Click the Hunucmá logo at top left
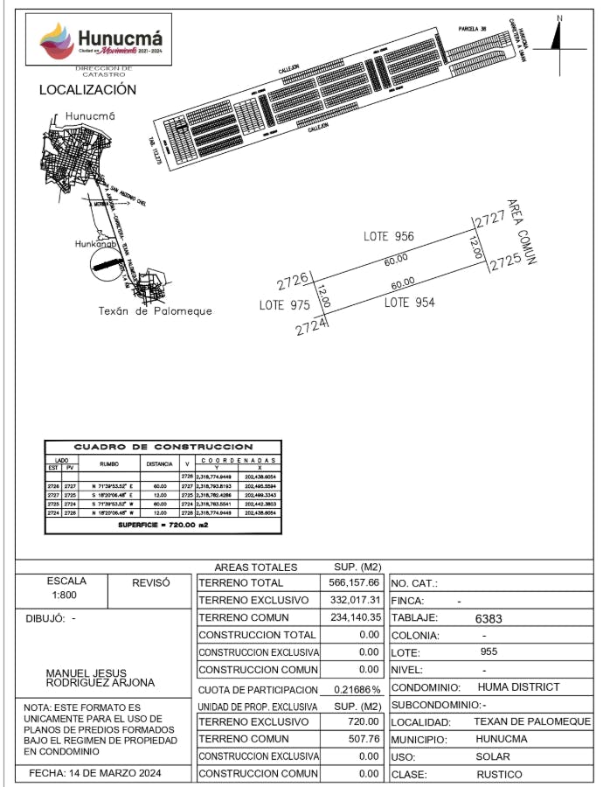(101, 40)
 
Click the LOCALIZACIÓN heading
(87, 90)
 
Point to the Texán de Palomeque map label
(155, 311)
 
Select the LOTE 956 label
(389, 236)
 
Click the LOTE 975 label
(285, 305)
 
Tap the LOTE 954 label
(410, 303)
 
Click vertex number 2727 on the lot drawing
(489, 219)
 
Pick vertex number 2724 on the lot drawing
(311, 328)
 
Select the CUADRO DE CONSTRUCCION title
(163, 447)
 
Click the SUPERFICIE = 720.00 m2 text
(163, 527)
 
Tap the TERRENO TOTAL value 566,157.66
(350, 582)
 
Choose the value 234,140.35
(350, 617)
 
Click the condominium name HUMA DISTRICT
(518, 687)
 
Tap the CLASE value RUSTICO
(499, 775)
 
